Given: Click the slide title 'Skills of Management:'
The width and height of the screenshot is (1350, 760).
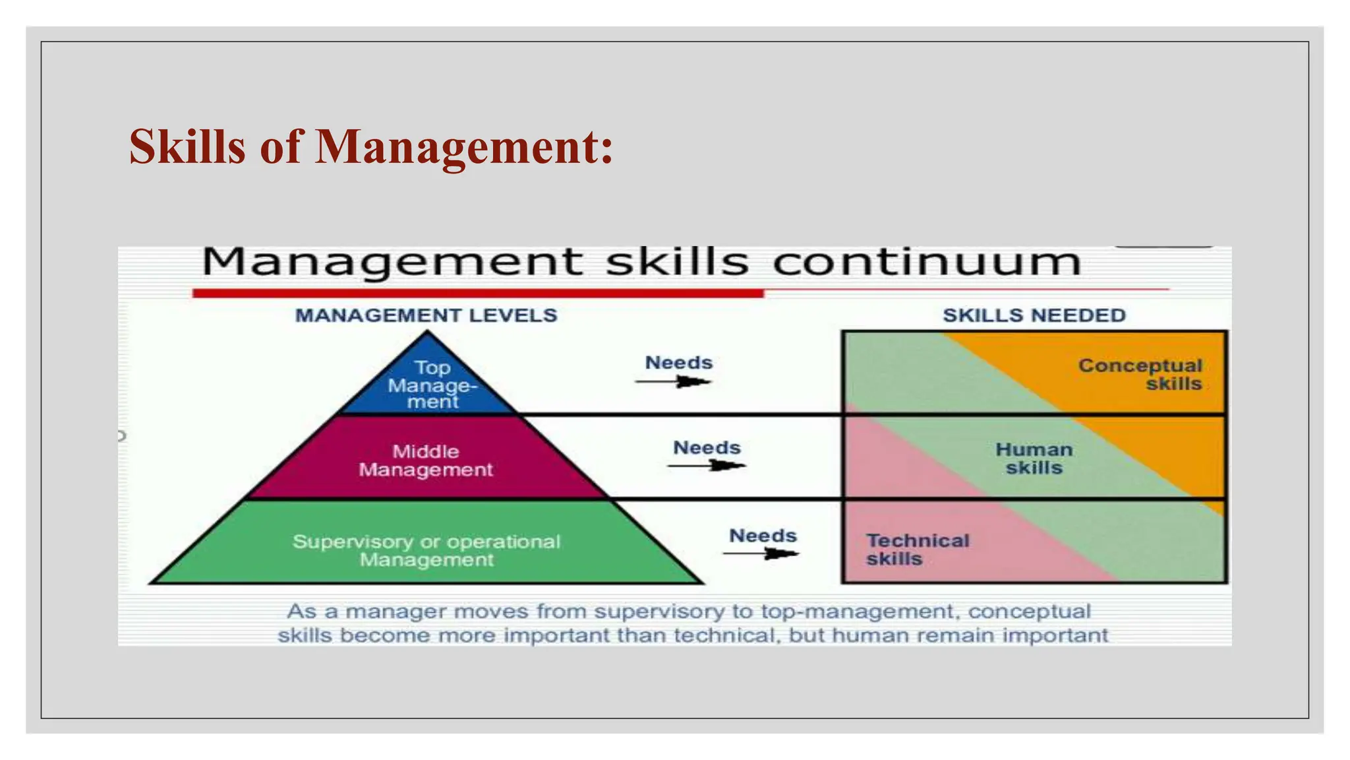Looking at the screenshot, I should [x=370, y=146].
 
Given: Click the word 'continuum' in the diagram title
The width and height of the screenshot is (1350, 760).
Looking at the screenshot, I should [x=926, y=262].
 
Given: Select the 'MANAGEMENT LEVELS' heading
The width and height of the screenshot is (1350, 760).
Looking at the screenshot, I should [x=426, y=315].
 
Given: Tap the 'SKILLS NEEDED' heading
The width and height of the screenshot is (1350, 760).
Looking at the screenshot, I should [x=1034, y=315].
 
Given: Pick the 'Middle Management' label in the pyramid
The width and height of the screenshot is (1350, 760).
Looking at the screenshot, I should [x=426, y=460].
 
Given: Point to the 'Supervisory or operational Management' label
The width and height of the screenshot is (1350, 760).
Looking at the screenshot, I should [x=426, y=550].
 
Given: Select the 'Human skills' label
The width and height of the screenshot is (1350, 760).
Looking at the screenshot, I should [x=1034, y=459].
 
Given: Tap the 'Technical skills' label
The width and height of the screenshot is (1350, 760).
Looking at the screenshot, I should [x=916, y=550].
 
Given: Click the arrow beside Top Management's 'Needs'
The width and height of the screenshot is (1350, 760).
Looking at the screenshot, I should [x=674, y=381].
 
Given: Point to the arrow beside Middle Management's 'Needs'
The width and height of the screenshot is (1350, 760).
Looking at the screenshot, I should [x=707, y=466].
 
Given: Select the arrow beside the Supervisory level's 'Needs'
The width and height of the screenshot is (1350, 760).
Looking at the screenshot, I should [x=761, y=553].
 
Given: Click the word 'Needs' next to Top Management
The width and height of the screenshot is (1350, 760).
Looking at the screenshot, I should [x=678, y=363].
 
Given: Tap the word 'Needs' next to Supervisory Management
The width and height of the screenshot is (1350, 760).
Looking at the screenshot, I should [x=763, y=535].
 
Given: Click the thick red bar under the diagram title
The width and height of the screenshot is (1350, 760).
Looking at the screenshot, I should [x=477, y=293].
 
